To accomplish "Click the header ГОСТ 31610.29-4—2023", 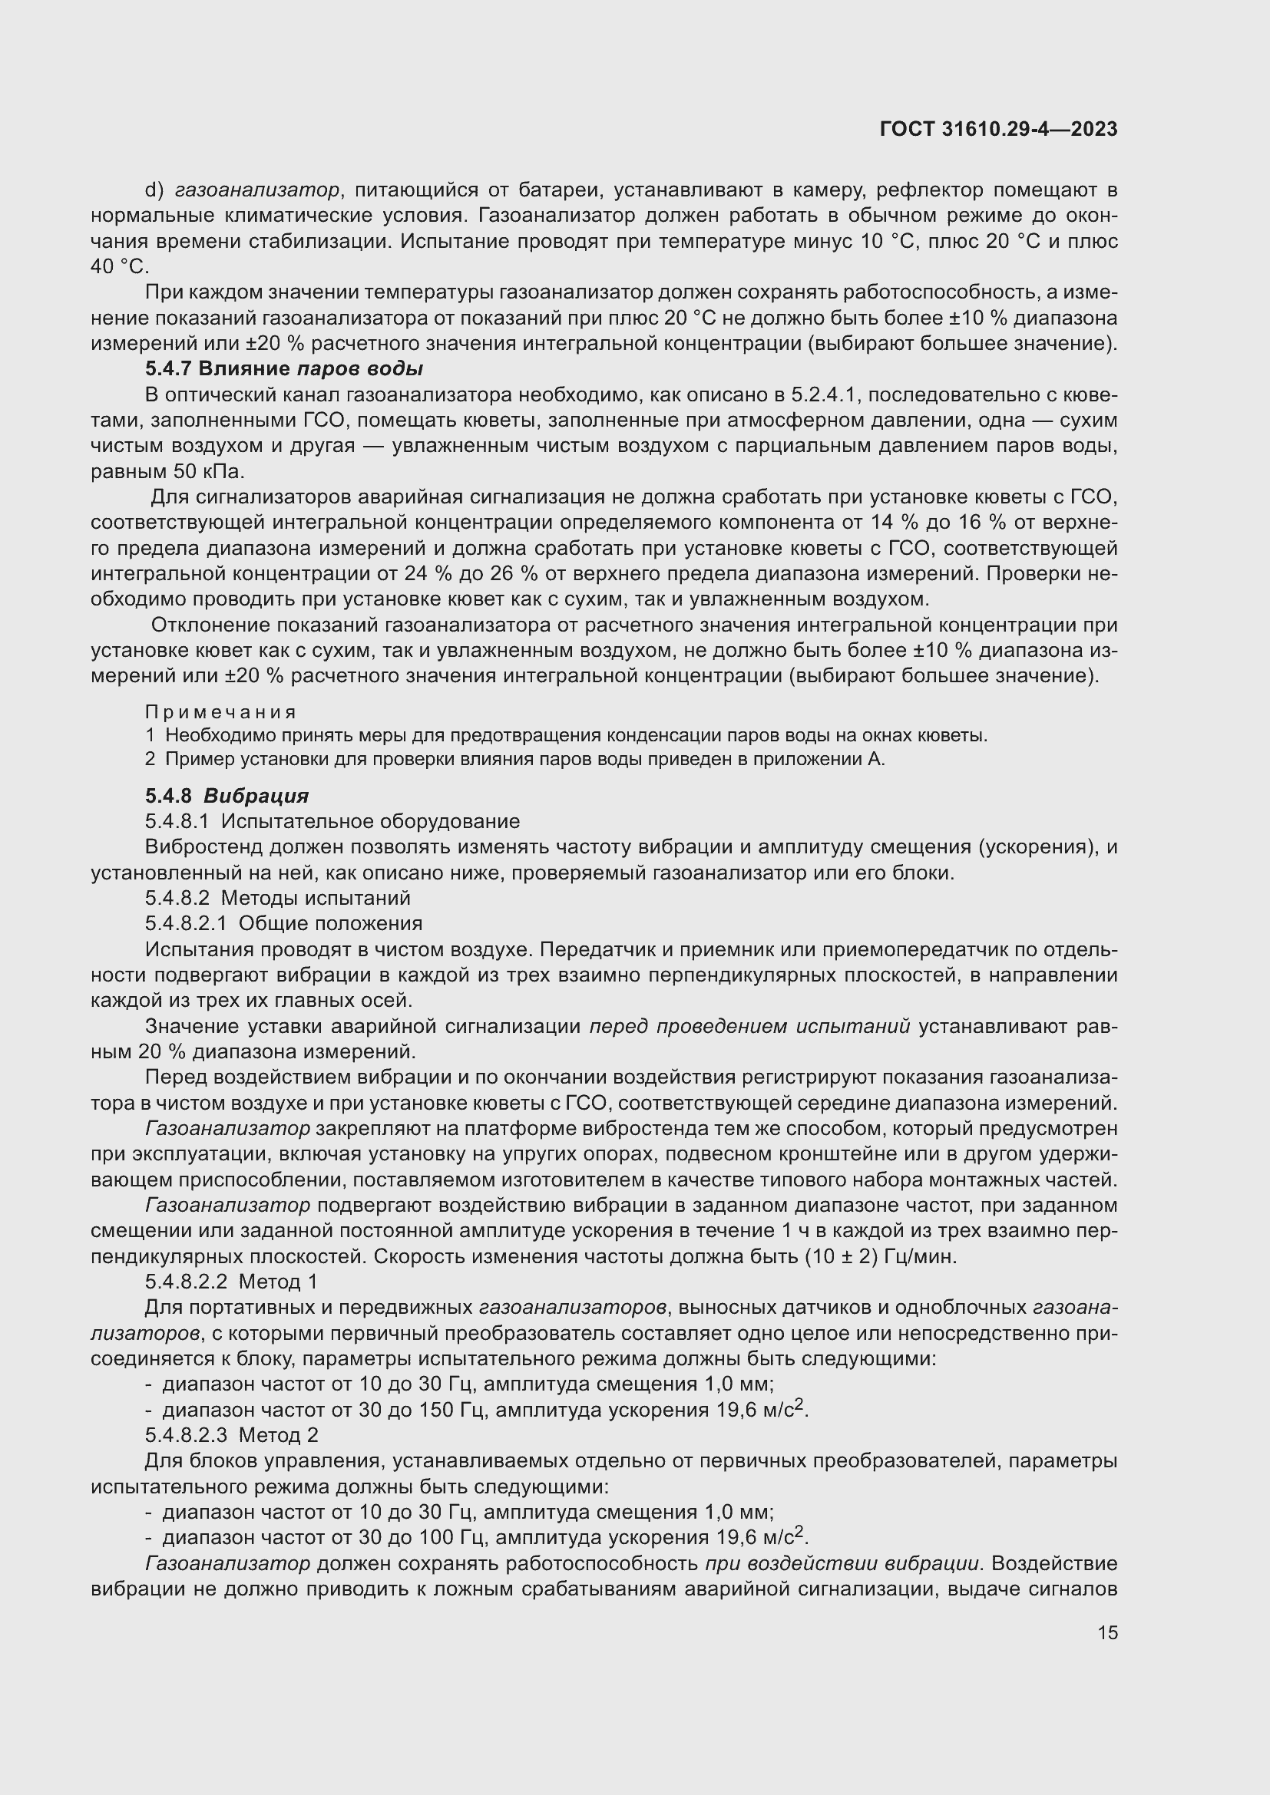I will click(x=999, y=130).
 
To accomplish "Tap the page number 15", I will click(x=1107, y=1632).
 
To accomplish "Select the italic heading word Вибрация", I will click(x=256, y=796).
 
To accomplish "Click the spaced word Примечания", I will click(x=220, y=712).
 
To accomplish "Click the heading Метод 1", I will click(x=279, y=1282).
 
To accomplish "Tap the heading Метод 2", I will click(x=279, y=1434).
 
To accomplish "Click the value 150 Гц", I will click(x=448, y=1410).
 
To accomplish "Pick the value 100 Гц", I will click(x=448, y=1537).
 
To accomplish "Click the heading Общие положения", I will click(x=330, y=924).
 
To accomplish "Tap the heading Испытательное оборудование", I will click(x=371, y=822).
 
